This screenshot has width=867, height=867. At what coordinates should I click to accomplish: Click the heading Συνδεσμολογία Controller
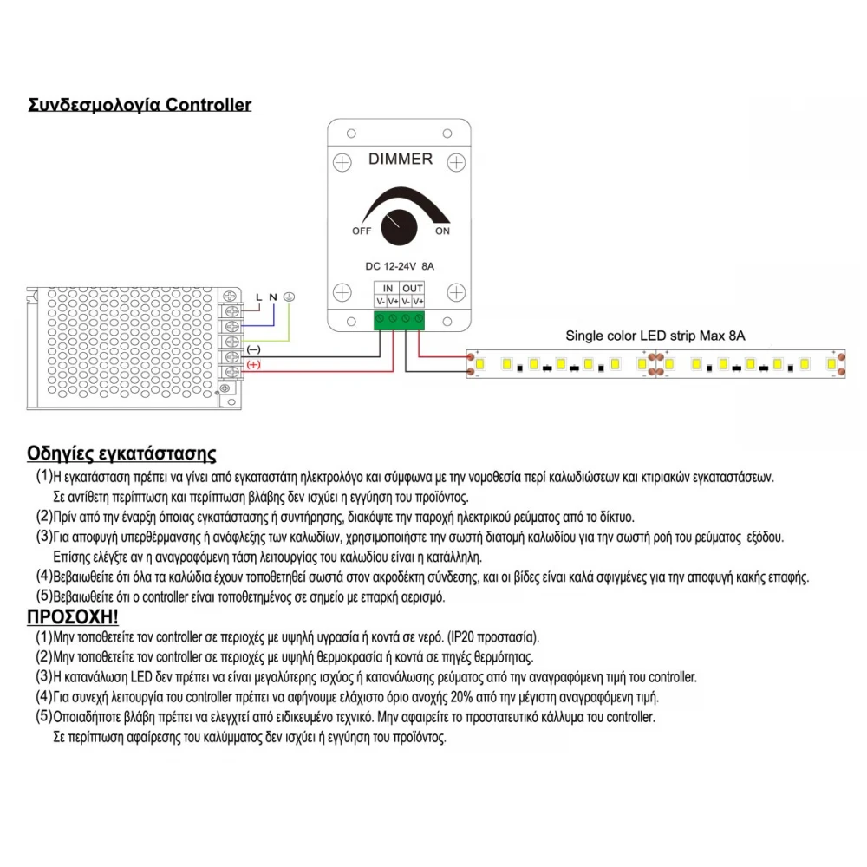tap(140, 105)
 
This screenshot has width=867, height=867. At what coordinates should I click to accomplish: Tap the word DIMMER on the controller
tap(401, 159)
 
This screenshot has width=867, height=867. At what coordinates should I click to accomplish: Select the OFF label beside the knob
tap(362, 231)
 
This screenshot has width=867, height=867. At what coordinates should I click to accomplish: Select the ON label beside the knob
tap(442, 231)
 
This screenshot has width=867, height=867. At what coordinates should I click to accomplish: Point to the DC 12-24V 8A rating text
tap(400, 266)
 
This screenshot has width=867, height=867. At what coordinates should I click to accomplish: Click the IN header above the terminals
tap(388, 288)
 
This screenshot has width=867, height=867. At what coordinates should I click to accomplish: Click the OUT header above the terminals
tap(413, 288)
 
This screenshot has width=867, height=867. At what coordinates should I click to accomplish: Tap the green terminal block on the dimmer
tap(400, 321)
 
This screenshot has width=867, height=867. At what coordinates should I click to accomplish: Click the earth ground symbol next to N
tap(290, 297)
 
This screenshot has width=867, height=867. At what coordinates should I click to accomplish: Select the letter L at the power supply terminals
tap(257, 297)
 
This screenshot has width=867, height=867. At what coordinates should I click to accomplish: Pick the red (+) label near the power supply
tap(254, 365)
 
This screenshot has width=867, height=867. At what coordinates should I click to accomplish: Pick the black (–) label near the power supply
tap(254, 349)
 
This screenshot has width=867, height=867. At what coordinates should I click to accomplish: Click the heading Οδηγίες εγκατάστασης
tap(121, 453)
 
